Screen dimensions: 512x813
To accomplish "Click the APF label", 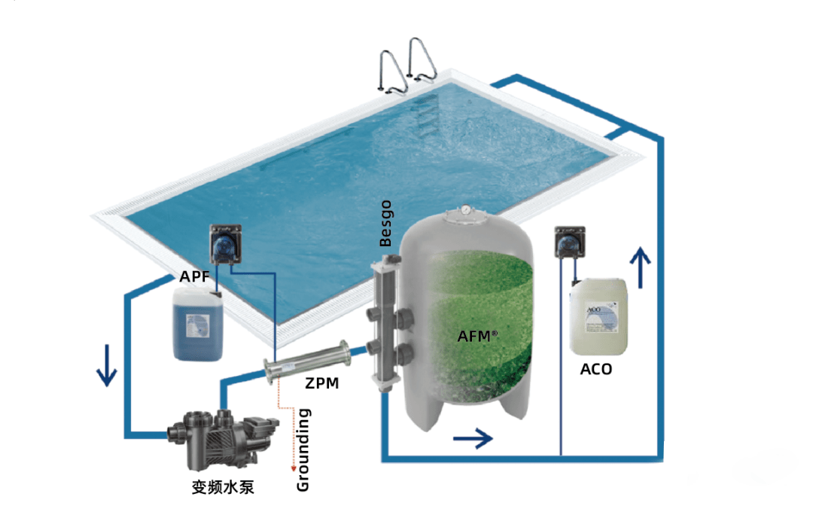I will tap(194, 276).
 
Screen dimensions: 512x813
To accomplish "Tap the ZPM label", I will tap(321, 383).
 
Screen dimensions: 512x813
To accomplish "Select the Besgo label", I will tap(386, 224).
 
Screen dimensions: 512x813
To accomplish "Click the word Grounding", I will tap(303, 450).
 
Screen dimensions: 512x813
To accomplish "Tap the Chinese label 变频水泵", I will tap(223, 487).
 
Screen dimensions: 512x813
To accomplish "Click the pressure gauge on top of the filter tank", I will tap(467, 209).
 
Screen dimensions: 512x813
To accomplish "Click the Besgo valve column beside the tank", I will tap(385, 324).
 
